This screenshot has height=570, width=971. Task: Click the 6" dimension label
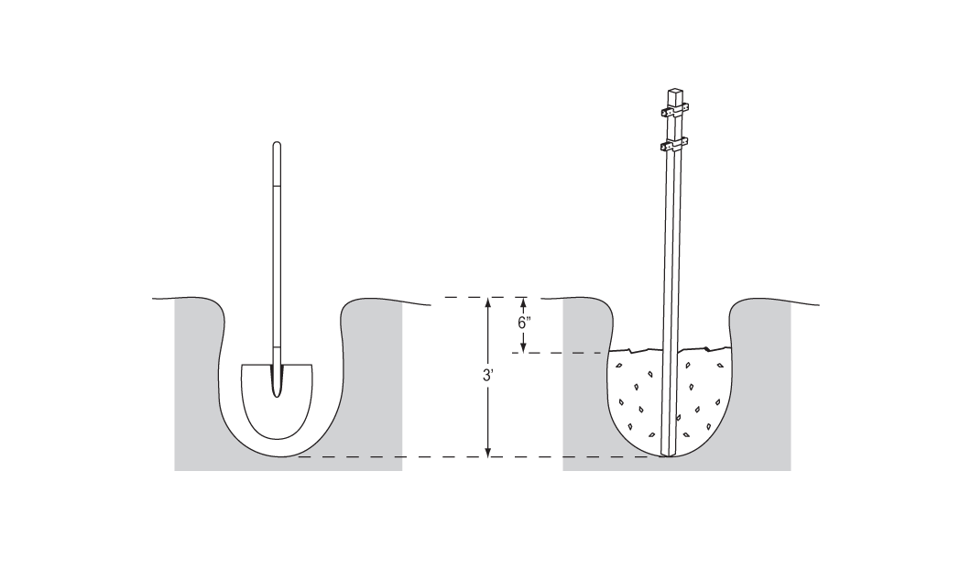525,323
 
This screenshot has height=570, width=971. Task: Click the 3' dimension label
488,376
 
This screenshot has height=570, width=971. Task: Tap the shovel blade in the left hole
277,401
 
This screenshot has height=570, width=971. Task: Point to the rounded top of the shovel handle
277,145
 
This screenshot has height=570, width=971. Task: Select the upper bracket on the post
674,112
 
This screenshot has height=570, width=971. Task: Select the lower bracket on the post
674,147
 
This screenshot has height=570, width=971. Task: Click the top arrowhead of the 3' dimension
488,302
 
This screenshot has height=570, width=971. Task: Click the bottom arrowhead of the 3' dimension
488,453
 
